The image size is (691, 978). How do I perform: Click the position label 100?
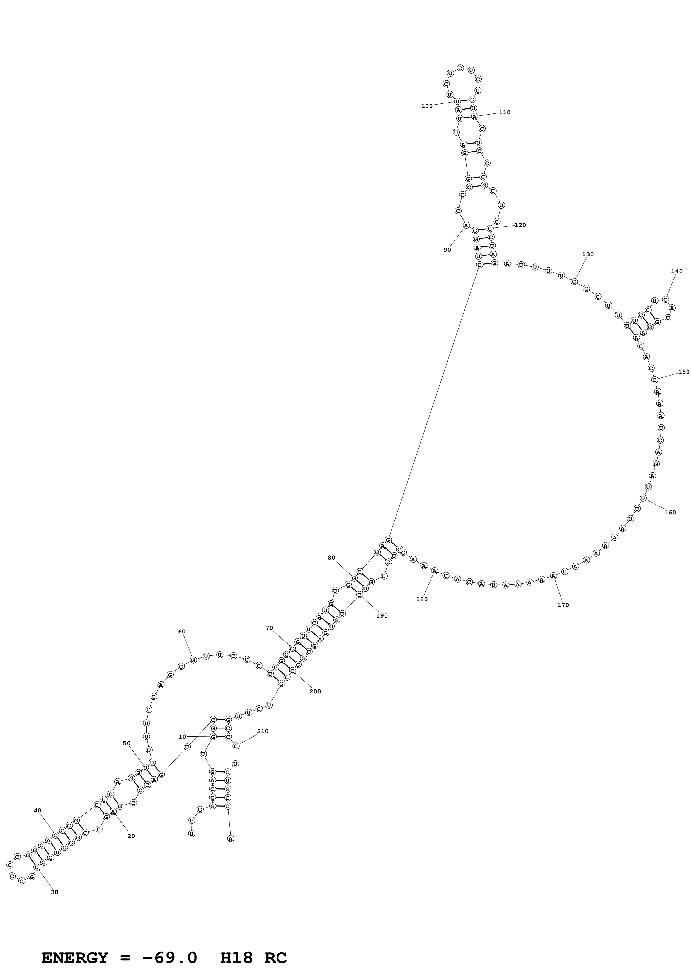426,106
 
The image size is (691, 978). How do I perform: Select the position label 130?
588,254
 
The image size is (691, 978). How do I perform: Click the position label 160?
670,512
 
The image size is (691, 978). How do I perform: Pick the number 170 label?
563,605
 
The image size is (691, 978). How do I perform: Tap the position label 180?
422,599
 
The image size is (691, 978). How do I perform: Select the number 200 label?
315,691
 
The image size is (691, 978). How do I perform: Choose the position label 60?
182,632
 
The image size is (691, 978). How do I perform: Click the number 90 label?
447,250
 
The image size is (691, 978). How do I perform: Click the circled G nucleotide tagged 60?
193,660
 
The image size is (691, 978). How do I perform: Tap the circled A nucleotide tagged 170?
553,576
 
